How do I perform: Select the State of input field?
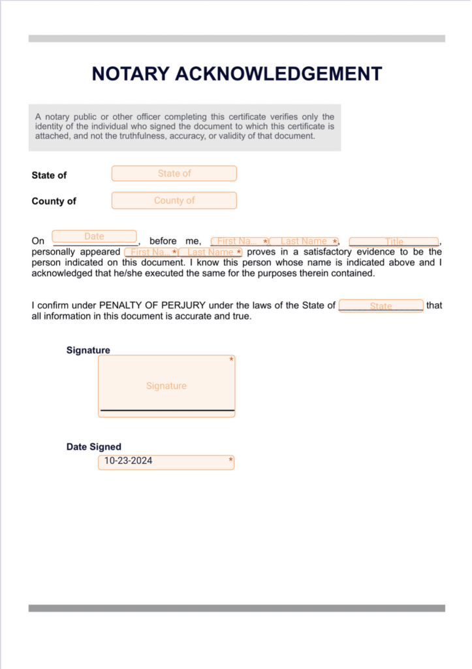(174, 174)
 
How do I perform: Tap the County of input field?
(174, 201)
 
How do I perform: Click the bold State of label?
(49, 175)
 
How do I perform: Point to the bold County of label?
(54, 201)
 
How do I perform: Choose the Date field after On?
(94, 237)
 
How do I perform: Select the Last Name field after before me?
(304, 242)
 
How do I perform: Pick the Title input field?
(394, 242)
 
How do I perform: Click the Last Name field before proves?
(210, 252)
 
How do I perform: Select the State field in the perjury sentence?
(381, 306)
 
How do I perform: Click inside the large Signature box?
(166, 386)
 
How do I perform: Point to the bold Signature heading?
(88, 350)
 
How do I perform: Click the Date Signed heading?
(93, 447)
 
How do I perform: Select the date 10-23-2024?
(129, 461)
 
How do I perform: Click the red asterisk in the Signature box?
(231, 360)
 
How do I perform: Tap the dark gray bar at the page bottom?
(236, 608)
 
